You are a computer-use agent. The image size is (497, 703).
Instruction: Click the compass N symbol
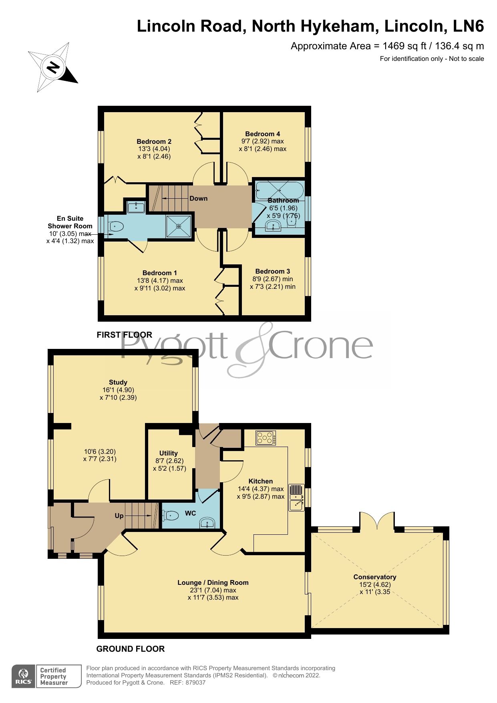point(53,67)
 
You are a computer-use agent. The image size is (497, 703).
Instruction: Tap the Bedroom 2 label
point(154,141)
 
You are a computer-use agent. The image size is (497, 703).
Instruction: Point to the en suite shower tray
point(179,226)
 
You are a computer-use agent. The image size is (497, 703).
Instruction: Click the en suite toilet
point(116,227)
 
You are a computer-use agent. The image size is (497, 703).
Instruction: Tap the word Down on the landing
point(198,198)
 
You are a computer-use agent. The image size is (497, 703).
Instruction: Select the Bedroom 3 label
point(272,271)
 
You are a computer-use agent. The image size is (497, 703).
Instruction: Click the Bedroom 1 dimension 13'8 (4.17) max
point(159,280)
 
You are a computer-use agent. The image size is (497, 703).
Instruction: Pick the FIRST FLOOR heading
point(124,335)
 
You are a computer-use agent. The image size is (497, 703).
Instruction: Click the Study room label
point(118,382)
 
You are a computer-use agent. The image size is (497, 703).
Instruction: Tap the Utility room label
point(168,453)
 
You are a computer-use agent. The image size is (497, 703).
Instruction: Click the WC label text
point(190,513)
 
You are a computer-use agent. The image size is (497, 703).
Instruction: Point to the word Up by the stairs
point(119,516)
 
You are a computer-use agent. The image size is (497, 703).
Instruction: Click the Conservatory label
point(374,577)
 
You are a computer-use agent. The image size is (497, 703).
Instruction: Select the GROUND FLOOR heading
point(131,649)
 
